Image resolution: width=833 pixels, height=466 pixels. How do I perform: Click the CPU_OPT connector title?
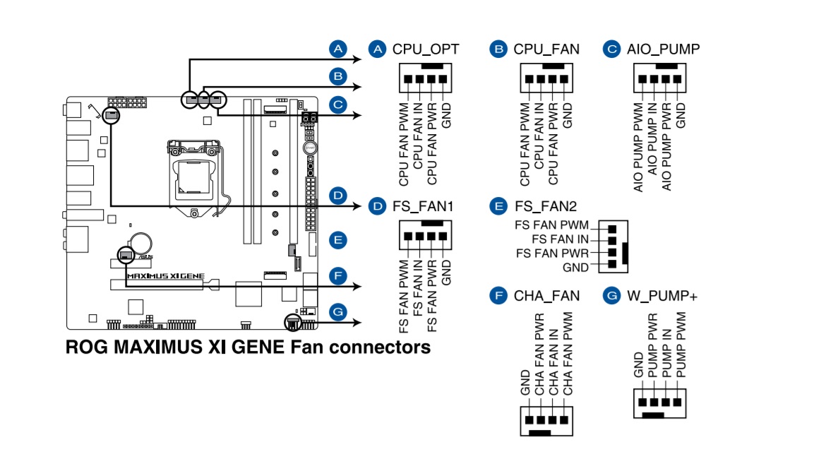point(426,49)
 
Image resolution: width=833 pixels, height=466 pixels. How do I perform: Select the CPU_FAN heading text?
point(546,49)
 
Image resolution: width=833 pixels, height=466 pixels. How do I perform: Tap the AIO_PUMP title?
point(663,49)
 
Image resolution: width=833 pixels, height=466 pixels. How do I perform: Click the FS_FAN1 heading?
point(423,206)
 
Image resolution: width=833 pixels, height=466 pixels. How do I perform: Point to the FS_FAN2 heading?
point(546,206)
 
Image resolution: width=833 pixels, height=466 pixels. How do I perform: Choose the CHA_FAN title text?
point(546,296)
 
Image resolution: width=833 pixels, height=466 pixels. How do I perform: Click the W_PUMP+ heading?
point(662,296)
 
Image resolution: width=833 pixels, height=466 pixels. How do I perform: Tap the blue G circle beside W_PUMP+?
point(611,295)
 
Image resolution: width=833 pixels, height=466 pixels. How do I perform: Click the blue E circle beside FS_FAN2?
point(498,206)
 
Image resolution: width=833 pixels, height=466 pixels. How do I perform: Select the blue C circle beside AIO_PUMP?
point(611,49)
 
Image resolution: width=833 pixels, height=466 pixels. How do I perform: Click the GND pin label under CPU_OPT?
point(446,116)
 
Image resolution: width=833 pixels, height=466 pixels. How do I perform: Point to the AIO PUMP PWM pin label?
point(638,147)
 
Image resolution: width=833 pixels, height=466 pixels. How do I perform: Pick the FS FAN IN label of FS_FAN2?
point(560,239)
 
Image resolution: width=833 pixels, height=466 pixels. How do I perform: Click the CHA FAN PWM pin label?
point(568,354)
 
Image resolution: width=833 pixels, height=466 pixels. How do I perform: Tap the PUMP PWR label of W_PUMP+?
point(653,345)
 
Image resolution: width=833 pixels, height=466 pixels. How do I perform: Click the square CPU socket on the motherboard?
point(193,177)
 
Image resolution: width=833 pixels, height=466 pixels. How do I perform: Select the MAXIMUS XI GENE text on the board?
point(166,276)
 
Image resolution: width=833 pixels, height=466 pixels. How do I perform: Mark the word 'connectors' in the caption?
point(380,347)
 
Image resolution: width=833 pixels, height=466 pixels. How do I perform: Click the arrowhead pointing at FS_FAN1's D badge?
point(357,206)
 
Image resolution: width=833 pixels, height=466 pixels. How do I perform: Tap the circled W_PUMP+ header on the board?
point(293,322)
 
